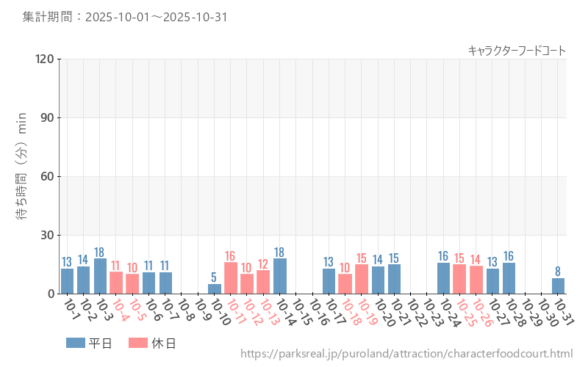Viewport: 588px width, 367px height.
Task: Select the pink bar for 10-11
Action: pyautogui.click(x=231, y=278)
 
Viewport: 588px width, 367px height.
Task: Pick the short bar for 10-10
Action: pyautogui.click(x=215, y=289)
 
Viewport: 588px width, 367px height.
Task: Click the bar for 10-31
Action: pyautogui.click(x=559, y=286)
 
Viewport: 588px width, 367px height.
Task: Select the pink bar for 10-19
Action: pyautogui.click(x=362, y=279)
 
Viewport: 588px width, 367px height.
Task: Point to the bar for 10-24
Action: pyautogui.click(x=443, y=278)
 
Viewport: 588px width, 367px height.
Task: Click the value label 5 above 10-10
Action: pyautogui.click(x=215, y=277)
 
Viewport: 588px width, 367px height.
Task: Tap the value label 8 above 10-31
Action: pyautogui.click(x=559, y=272)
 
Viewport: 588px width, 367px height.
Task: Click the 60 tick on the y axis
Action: pyautogui.click(x=47, y=176)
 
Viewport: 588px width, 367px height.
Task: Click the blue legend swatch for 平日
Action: pyautogui.click(x=76, y=343)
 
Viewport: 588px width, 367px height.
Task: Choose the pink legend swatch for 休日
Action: pyautogui.click(x=138, y=343)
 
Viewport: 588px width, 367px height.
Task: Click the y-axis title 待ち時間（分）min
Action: pyautogui.click(x=23, y=177)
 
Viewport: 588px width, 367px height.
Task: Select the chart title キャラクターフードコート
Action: pyautogui.click(x=517, y=51)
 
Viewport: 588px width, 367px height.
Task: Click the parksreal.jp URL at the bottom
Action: pyautogui.click(x=406, y=354)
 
